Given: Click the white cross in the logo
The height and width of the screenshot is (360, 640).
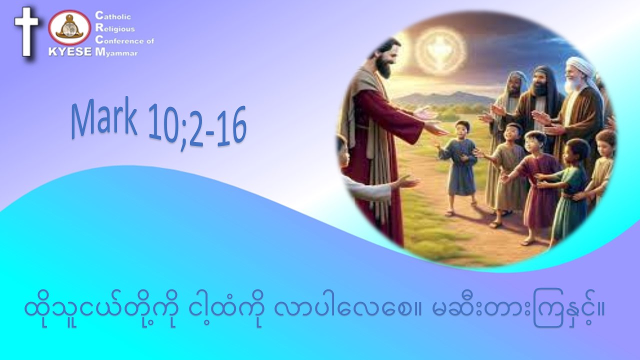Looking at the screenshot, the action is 26,31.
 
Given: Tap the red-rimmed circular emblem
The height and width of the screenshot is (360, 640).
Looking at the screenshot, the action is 69,27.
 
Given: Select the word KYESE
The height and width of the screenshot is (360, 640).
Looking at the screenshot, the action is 70,51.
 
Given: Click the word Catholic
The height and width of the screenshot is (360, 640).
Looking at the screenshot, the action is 113,15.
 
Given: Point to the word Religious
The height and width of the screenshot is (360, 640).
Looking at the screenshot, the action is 115,28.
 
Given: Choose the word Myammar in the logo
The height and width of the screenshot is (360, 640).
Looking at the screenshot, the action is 116,52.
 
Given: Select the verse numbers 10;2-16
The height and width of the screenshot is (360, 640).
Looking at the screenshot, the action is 197,127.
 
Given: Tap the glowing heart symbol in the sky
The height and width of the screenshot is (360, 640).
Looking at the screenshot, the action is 440,50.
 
